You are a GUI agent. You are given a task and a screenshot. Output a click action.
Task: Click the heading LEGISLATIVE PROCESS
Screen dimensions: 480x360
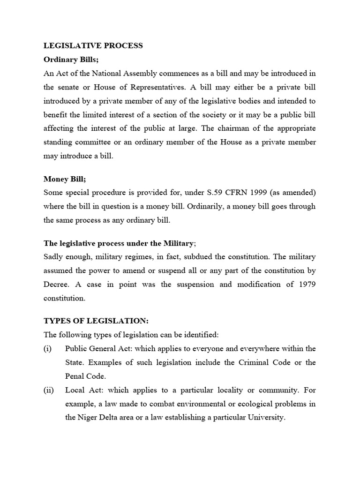click(93, 46)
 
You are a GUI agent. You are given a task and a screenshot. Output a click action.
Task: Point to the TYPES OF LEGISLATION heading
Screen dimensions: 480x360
click(96, 321)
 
